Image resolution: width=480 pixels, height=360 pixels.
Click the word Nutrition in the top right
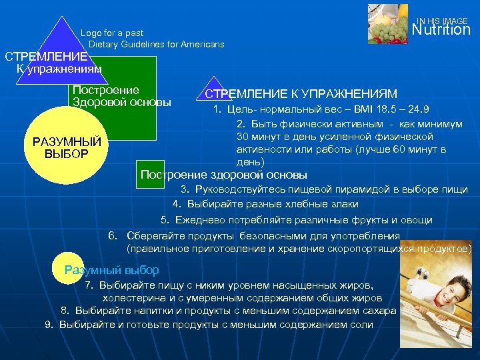[x=441, y=30]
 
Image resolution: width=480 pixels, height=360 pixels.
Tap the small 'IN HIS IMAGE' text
[x=442, y=21]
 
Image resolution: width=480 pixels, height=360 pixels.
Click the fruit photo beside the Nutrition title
[x=389, y=23]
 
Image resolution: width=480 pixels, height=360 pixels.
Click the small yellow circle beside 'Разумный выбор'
[x=67, y=268]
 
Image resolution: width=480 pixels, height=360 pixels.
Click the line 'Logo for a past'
[x=112, y=33]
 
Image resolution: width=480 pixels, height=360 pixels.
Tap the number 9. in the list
[x=49, y=325]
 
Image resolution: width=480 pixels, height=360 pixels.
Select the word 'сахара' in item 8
[x=380, y=311]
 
